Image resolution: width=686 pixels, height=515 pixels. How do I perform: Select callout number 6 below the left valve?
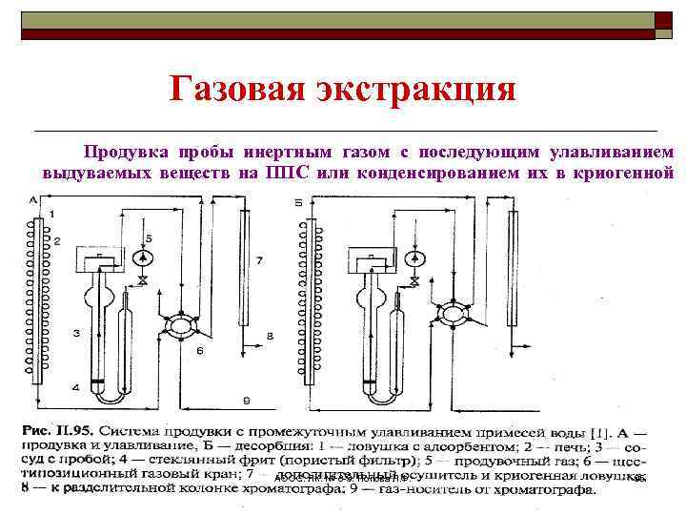199,351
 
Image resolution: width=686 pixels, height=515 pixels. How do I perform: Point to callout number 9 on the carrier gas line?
246,399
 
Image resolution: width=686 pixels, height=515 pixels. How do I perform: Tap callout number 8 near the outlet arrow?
271,336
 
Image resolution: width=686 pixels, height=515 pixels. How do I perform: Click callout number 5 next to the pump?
148,236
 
